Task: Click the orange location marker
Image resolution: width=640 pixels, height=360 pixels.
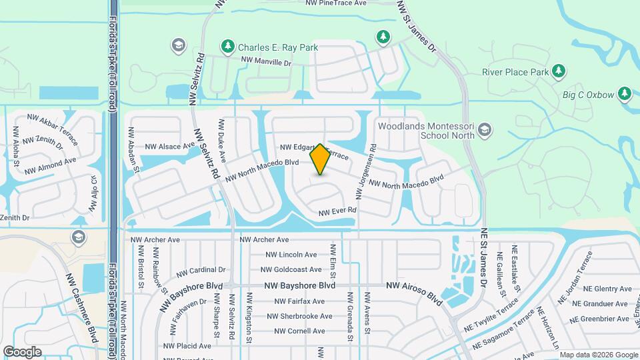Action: click(x=320, y=159)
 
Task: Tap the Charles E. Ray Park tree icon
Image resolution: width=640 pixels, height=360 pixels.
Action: click(x=228, y=47)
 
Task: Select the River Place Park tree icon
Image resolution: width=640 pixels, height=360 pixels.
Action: click(x=559, y=71)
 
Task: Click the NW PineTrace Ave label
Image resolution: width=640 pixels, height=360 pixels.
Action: click(x=336, y=3)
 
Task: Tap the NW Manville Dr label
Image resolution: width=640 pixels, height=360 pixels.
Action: click(x=267, y=61)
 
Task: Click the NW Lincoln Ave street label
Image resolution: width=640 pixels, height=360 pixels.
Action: click(x=291, y=255)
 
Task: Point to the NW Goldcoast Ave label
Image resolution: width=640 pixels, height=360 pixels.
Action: click(x=293, y=270)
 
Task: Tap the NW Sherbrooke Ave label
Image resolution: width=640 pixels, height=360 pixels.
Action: click(x=299, y=316)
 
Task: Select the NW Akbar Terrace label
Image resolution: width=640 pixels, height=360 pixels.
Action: click(x=53, y=127)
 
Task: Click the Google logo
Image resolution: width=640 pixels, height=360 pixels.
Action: click(x=22, y=351)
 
